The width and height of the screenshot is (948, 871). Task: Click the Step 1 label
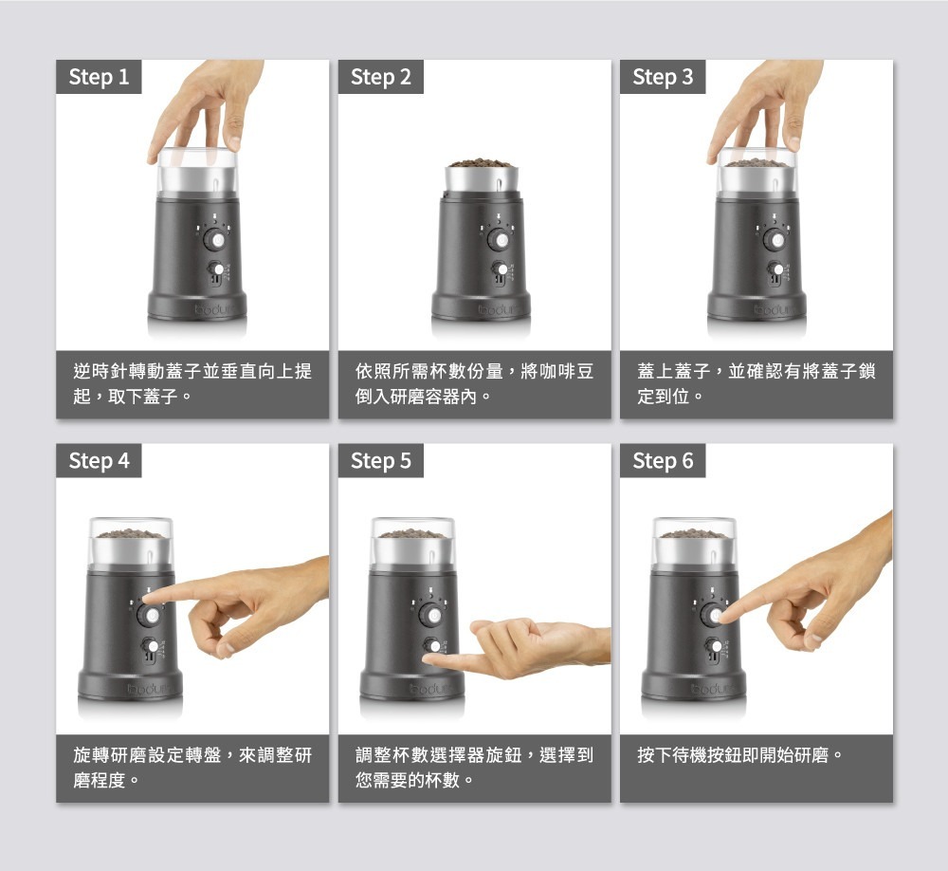(99, 77)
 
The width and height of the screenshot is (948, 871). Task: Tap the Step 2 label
(381, 77)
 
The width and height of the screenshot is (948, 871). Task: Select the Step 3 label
(663, 77)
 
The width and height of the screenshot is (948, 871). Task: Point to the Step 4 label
(99, 460)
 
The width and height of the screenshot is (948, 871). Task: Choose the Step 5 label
(381, 460)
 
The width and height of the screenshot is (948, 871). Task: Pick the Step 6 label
(663, 460)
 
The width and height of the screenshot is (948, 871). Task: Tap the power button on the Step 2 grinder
(500, 240)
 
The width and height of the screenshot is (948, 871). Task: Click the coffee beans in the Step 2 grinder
(482, 163)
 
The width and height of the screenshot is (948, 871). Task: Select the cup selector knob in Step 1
(216, 269)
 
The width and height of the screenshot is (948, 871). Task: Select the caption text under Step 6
(739, 755)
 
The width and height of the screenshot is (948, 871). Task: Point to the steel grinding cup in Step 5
(411, 551)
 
